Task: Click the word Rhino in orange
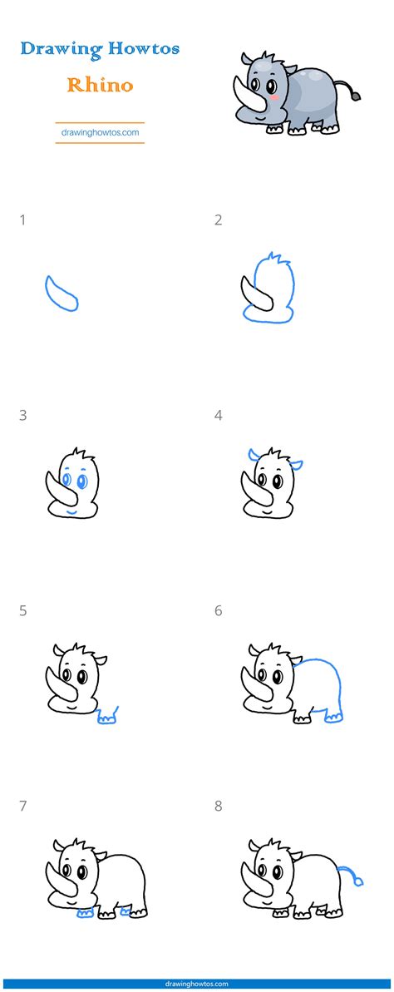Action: [100, 84]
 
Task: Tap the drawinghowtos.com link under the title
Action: [100, 131]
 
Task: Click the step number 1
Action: [22, 220]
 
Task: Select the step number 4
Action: [219, 415]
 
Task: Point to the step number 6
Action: [219, 610]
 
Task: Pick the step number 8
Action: [219, 805]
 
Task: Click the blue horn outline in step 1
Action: [61, 293]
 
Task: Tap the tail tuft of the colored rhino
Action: [355, 96]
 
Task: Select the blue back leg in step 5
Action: [107, 716]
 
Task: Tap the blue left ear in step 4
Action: [251, 454]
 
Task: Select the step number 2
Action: [219, 220]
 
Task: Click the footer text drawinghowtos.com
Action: [197, 983]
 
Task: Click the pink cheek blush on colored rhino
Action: [271, 96]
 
